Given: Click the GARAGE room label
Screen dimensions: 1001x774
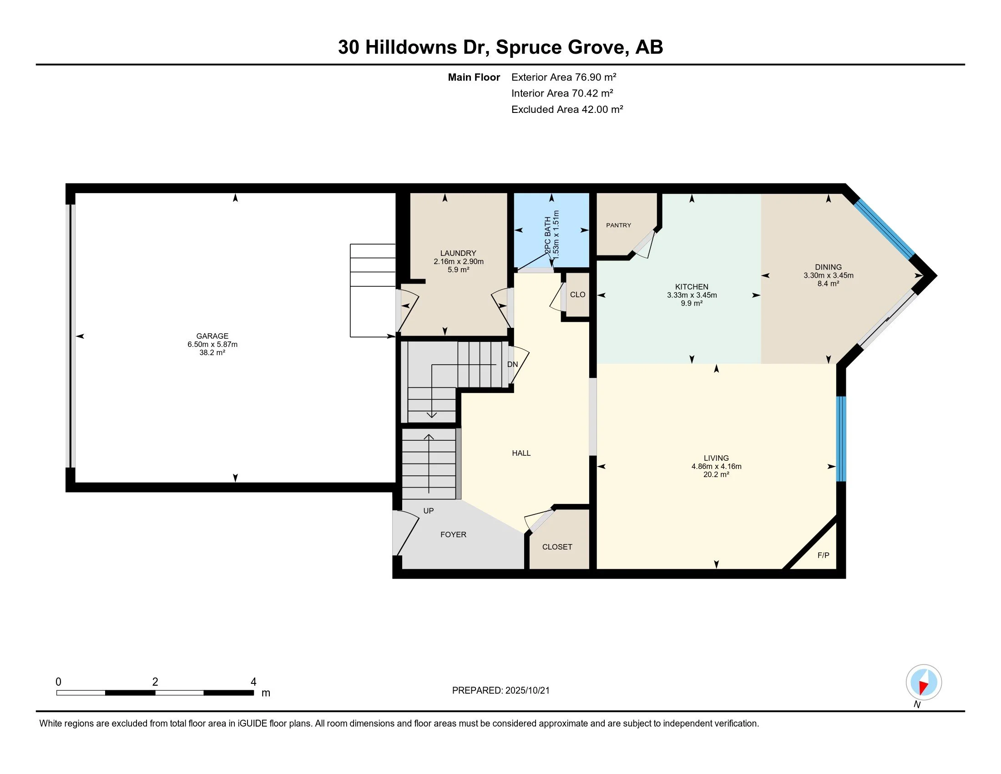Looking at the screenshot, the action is pyautogui.click(x=212, y=336).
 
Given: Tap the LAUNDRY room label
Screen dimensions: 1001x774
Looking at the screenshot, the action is pyautogui.click(x=458, y=253).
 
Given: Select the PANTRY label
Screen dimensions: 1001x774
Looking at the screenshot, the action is pyautogui.click(x=618, y=225).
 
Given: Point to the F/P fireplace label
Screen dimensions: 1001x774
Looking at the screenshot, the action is pyautogui.click(x=823, y=555).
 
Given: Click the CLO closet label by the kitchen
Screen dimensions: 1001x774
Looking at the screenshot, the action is pyautogui.click(x=577, y=295).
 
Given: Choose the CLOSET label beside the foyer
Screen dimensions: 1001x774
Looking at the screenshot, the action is pyautogui.click(x=557, y=546).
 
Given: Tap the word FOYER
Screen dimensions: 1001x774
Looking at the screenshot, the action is pyautogui.click(x=453, y=534).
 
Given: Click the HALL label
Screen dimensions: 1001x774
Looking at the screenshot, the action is pyautogui.click(x=521, y=453).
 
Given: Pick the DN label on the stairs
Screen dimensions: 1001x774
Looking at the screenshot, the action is pyautogui.click(x=512, y=365).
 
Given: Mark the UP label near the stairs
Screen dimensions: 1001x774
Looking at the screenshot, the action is pyautogui.click(x=429, y=511).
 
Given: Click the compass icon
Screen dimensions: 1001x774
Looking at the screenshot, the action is pyautogui.click(x=924, y=682).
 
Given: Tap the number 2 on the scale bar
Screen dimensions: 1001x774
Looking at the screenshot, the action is pyautogui.click(x=155, y=682).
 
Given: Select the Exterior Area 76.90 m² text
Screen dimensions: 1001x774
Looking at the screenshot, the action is pyautogui.click(x=564, y=77).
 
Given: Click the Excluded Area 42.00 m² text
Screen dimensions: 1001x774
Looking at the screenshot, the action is pyautogui.click(x=567, y=109).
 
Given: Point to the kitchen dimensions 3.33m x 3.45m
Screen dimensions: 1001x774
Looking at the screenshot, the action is pyautogui.click(x=692, y=295).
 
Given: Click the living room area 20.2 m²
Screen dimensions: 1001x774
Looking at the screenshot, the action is pyautogui.click(x=716, y=474).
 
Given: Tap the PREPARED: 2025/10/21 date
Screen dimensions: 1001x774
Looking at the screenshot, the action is pyautogui.click(x=500, y=691).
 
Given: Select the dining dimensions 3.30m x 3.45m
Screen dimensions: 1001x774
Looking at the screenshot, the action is pyautogui.click(x=828, y=275).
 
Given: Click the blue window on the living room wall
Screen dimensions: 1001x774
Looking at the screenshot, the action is pyautogui.click(x=841, y=439).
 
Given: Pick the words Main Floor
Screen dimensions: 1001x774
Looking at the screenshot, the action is pyautogui.click(x=474, y=77).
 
